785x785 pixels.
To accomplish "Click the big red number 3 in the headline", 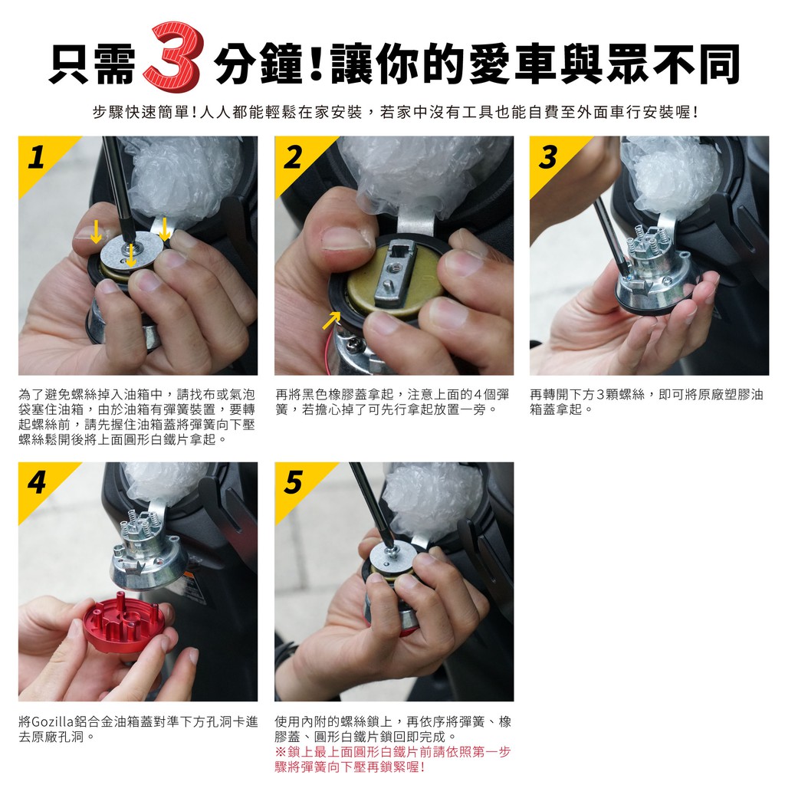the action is click(x=172, y=58).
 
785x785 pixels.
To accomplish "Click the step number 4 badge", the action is click(x=37, y=483).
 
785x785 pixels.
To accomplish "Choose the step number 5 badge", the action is click(x=294, y=483).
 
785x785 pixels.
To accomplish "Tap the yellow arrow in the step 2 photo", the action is click(x=331, y=320).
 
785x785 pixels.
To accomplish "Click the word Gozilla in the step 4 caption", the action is click(x=53, y=722).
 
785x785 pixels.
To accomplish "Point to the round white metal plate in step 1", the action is click(x=132, y=252).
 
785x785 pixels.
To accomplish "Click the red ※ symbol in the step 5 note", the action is click(x=281, y=752).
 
